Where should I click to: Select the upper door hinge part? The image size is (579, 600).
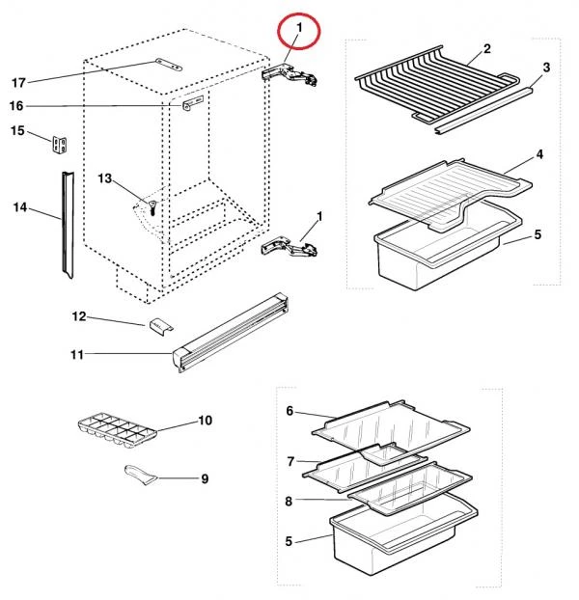coord(292,75)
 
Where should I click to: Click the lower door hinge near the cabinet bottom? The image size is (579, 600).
coord(290,248)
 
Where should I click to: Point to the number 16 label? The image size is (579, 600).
coord(18,105)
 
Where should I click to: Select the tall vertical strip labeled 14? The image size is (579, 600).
coord(65,222)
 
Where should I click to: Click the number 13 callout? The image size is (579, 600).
coord(105,178)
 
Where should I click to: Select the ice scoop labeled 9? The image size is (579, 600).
coord(138,473)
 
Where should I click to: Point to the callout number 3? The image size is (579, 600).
coord(546,67)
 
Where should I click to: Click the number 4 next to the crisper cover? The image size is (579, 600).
coord(539,153)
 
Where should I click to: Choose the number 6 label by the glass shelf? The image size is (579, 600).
coord(289,411)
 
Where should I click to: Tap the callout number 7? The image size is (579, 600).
coord(289,462)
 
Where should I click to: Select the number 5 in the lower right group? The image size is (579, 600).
coord(289,541)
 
